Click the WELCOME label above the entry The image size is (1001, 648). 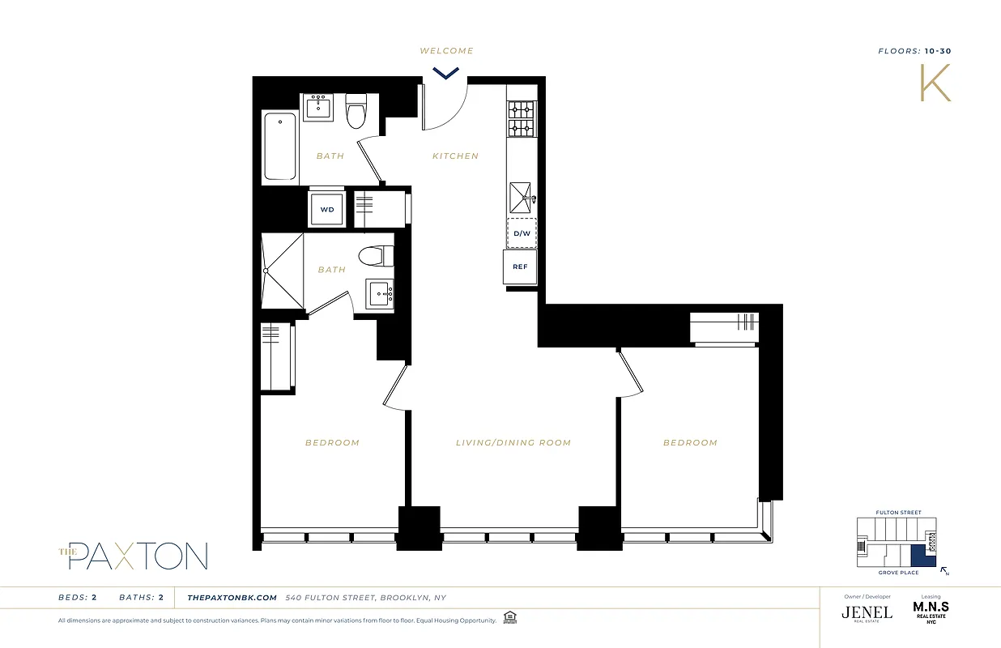pos(446,51)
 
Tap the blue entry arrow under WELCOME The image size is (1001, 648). pos(445,73)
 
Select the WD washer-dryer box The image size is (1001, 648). pos(327,209)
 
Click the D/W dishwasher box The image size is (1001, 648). pos(522,234)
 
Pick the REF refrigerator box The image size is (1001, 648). pos(520,266)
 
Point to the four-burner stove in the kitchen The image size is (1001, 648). pos(522,119)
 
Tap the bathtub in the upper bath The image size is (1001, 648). pos(279,147)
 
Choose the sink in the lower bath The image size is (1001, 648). pos(380,293)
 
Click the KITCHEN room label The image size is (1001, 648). pos(455,156)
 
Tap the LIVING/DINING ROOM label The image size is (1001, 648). pos(513,443)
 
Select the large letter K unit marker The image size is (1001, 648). pos(935,82)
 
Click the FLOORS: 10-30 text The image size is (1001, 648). pos(914,51)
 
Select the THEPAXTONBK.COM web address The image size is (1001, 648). pos(232,598)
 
